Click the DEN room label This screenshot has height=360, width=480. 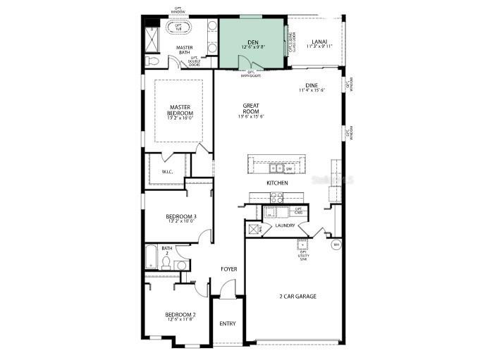click(252, 42)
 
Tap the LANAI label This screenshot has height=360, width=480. click(319, 42)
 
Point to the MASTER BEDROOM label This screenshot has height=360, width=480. click(180, 110)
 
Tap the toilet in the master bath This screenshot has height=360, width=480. click(152, 61)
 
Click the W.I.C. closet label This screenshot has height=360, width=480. click(168, 171)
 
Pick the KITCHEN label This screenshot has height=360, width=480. click(277, 183)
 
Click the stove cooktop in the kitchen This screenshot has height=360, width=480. click(276, 199)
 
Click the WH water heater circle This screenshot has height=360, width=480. click(336, 244)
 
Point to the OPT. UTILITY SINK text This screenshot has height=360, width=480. click(304, 255)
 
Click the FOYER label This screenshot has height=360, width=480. click(228, 269)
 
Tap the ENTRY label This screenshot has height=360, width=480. click(228, 323)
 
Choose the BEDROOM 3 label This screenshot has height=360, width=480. click(180, 216)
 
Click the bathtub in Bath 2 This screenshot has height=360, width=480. click(151, 256)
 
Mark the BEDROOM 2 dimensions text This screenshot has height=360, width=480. click(181, 319)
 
